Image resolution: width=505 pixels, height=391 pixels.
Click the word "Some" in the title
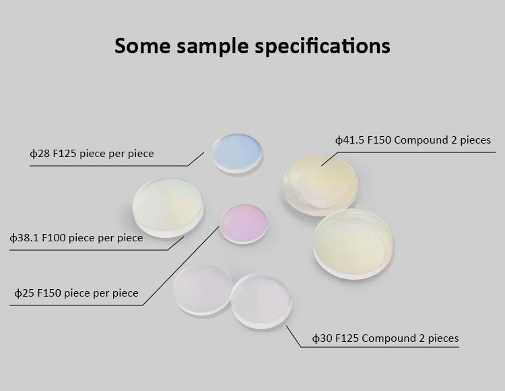142,45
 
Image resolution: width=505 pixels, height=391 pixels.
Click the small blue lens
238,154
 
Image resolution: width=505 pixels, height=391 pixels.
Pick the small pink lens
244,224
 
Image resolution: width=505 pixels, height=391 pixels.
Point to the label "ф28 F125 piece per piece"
92,154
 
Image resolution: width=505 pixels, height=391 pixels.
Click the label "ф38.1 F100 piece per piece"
76,238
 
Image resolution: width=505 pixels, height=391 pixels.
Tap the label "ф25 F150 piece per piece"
76,293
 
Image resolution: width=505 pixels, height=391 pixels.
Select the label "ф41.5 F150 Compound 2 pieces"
413,140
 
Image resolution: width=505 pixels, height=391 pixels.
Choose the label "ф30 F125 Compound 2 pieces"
386,338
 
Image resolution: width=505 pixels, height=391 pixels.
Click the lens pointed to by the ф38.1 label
168,208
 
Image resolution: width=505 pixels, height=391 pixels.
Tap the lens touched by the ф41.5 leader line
321,185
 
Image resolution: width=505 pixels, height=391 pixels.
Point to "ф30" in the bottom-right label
323,338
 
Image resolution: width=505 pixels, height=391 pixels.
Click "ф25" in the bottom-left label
24,293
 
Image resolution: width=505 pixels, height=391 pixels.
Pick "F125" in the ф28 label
65,154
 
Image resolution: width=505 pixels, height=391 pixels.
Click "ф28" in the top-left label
40,154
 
